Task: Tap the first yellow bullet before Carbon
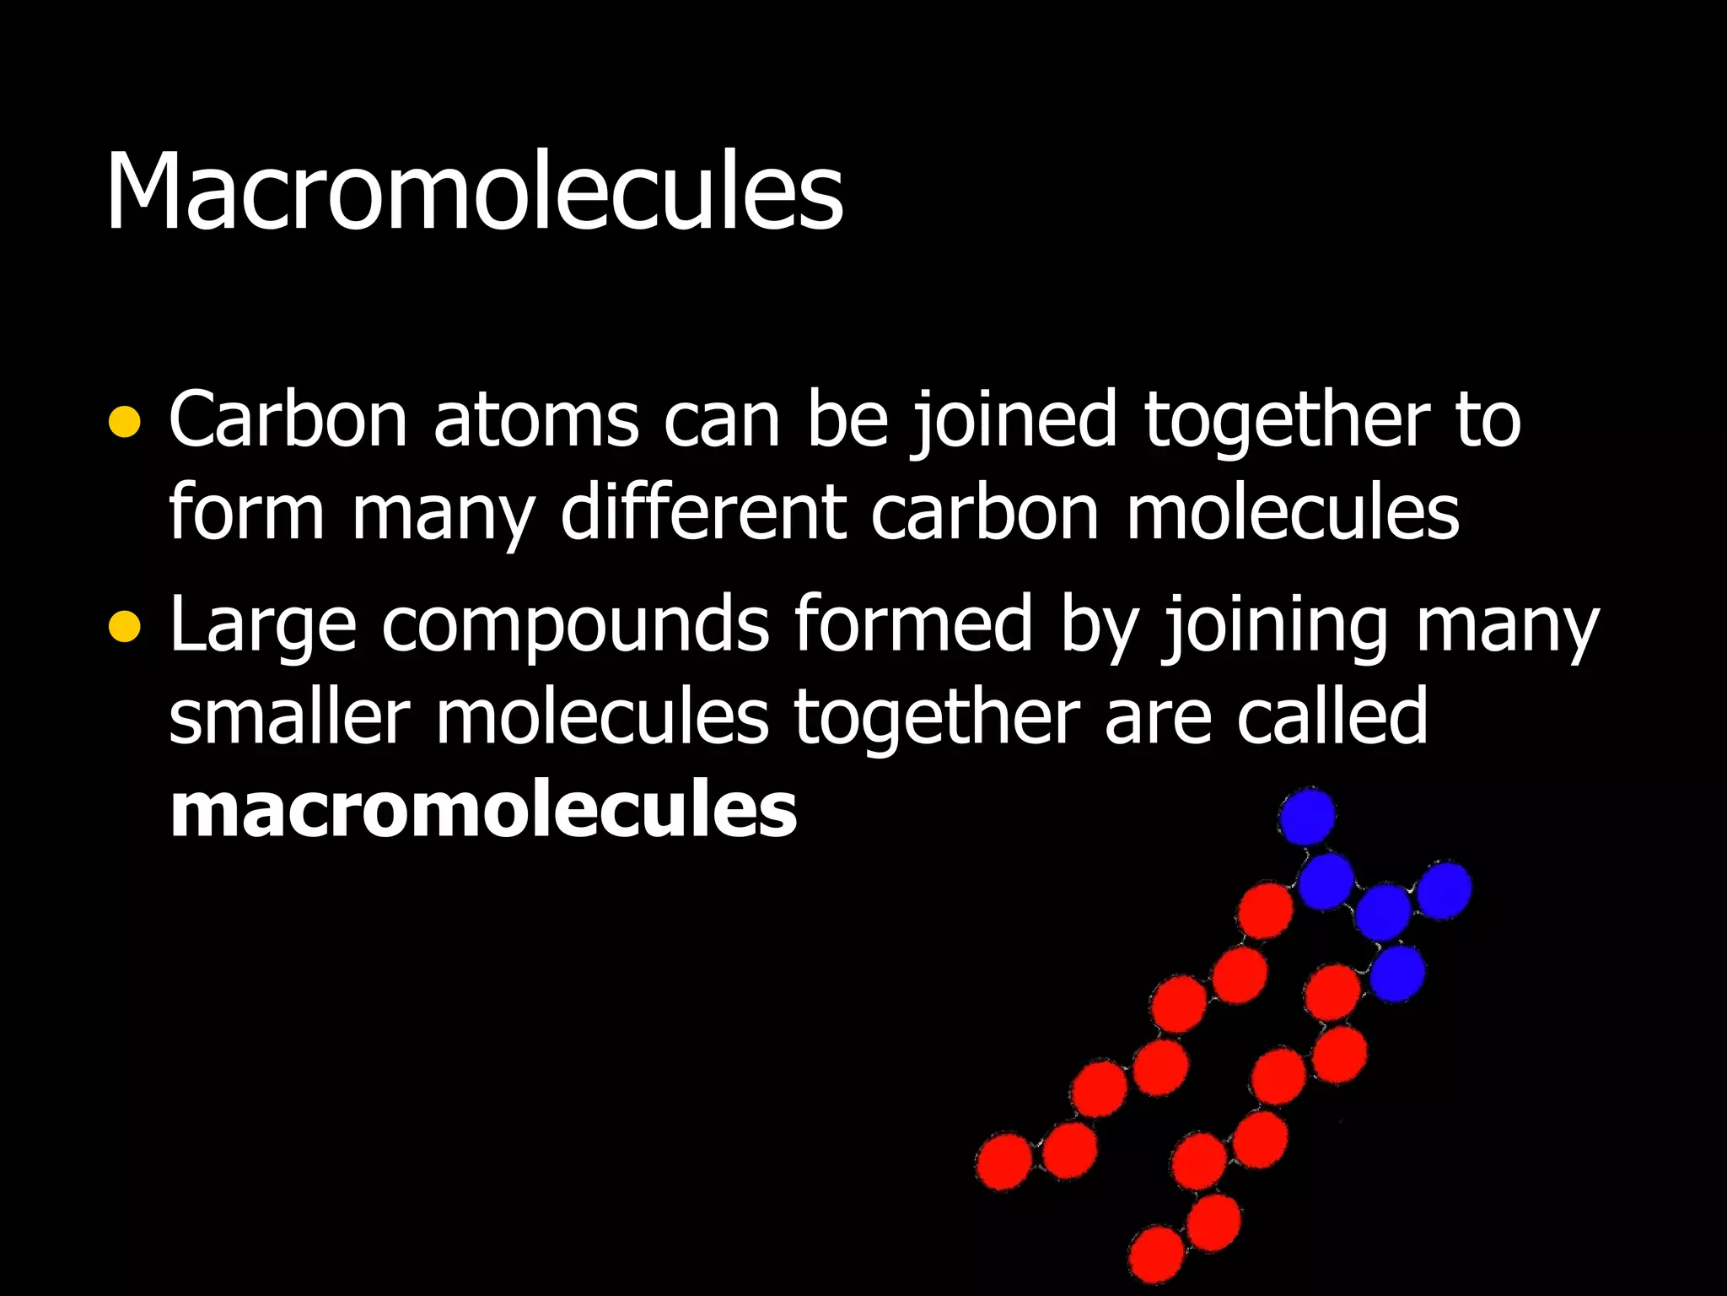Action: click(125, 422)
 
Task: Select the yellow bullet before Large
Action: click(125, 626)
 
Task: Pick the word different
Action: click(703, 512)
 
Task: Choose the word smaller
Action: click(289, 717)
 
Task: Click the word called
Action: click(1332, 717)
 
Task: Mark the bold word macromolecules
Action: click(483, 810)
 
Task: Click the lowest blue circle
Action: click(1397, 973)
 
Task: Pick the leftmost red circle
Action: click(1004, 1162)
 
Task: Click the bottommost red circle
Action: click(1156, 1255)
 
